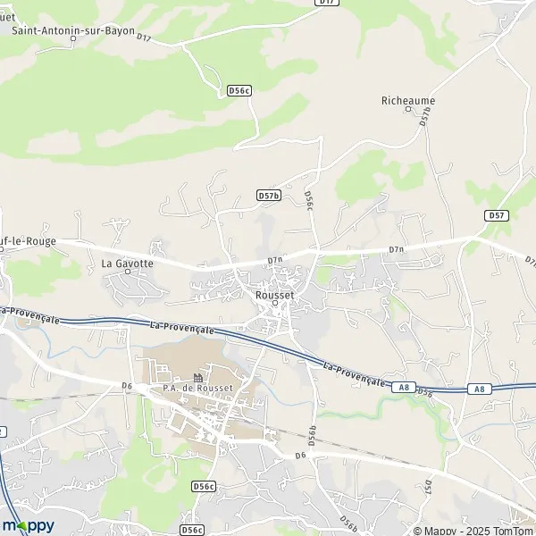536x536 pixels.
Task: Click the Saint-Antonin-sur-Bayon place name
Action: [x=74, y=30]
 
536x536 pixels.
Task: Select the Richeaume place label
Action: [x=407, y=101]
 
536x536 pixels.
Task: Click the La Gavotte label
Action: [x=127, y=264]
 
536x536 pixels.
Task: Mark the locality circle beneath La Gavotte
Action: [x=127, y=274]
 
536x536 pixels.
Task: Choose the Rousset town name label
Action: [x=274, y=291]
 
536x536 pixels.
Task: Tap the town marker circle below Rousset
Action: [x=275, y=302]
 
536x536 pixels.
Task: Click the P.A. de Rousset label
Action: [x=197, y=387]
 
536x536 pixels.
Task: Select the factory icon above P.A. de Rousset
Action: [x=197, y=376]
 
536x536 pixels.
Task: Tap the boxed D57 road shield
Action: [x=497, y=215]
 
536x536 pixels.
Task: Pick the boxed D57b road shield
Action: [x=268, y=195]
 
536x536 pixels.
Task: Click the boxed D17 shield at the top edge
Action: [x=328, y=3]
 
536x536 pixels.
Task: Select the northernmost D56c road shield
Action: [x=239, y=90]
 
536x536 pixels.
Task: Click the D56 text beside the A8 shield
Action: [x=424, y=392]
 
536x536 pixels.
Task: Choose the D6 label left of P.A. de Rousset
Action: [x=127, y=385]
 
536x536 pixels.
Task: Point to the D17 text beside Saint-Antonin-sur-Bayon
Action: [x=145, y=38]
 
